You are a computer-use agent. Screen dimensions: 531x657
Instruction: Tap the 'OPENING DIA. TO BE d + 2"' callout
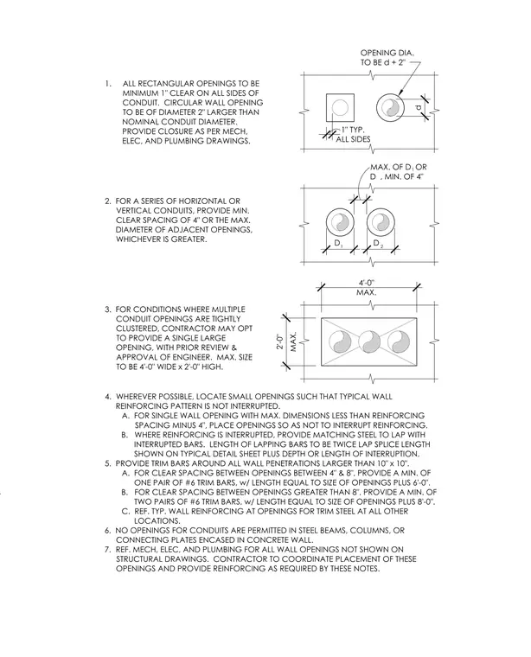387,58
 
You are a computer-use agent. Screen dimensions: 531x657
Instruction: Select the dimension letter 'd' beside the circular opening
418,108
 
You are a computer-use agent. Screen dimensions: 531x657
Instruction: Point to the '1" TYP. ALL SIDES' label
353,135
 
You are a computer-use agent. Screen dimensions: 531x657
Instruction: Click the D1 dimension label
338,244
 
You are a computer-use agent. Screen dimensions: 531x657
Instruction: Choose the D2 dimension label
378,244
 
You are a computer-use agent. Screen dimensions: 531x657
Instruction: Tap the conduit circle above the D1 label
340,222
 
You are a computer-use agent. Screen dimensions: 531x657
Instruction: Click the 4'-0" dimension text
367,283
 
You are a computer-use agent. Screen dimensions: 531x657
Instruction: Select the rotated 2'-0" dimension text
280,341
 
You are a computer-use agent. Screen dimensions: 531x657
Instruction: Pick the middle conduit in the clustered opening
369,342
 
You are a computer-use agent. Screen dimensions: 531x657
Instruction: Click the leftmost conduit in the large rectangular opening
340,342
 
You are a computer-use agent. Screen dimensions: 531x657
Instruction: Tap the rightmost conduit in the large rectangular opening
398,342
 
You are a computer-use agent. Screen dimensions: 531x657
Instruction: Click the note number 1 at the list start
108,84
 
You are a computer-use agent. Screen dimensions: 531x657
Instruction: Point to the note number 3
108,309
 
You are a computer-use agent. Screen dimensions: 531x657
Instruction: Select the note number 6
108,531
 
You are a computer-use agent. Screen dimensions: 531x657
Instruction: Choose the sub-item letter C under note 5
125,511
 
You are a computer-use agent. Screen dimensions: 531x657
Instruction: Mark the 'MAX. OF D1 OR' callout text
398,167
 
